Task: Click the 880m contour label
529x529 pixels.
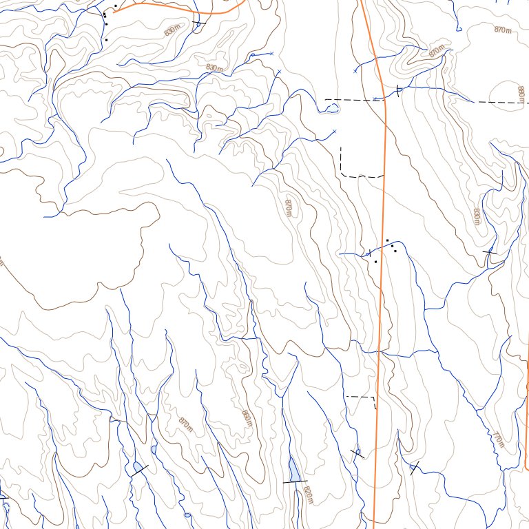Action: click(521, 91)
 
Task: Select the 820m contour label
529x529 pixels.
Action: click(308, 494)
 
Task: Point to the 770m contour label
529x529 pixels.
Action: click(498, 439)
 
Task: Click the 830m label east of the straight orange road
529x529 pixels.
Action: click(476, 216)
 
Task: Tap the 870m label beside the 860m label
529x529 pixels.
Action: click(185, 425)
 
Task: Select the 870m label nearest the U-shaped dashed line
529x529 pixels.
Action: click(289, 207)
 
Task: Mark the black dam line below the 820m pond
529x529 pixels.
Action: click(295, 481)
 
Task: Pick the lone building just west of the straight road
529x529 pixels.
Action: click(375, 262)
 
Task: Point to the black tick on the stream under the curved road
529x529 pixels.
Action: click(199, 23)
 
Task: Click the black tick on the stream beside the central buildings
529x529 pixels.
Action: click(369, 253)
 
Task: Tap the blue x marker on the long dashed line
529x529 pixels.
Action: click(375, 99)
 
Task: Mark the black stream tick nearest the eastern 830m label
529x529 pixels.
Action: click(490, 252)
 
